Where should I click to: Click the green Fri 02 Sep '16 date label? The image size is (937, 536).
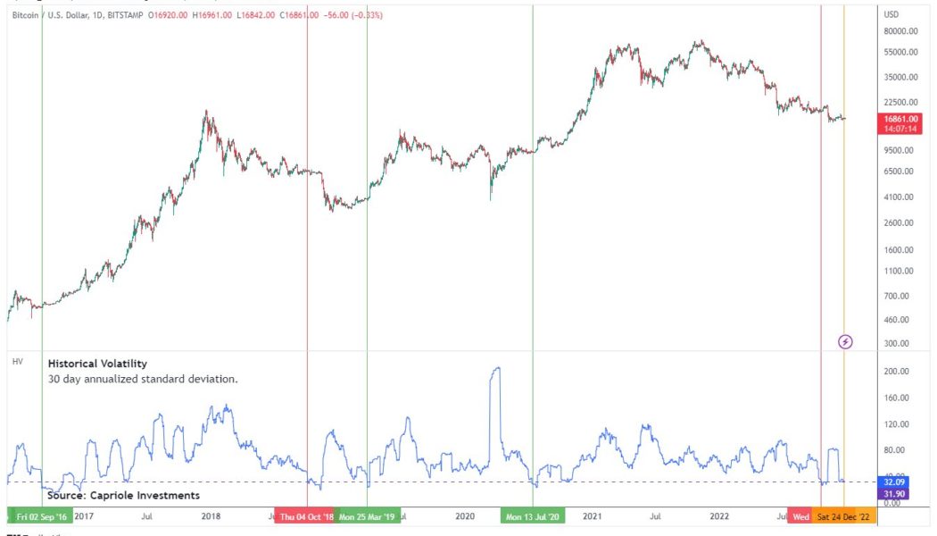click(41, 516)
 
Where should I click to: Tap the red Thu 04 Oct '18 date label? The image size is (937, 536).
click(306, 516)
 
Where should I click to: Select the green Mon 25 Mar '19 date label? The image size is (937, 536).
click(368, 516)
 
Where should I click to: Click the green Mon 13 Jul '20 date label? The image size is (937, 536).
click(533, 516)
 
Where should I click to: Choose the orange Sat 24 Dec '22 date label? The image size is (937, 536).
click(843, 516)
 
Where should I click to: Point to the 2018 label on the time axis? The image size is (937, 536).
click(211, 516)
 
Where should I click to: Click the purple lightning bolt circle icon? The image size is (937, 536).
click(846, 341)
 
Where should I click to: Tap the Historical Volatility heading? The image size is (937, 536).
click(97, 364)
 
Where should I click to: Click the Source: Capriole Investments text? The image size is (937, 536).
click(123, 495)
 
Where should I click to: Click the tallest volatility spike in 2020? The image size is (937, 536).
click(495, 369)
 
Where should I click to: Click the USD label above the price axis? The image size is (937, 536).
click(891, 14)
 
